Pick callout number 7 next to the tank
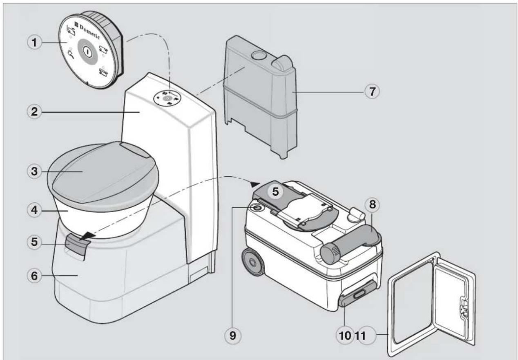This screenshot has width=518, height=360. [371, 92]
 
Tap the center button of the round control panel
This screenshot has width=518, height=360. [87, 51]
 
